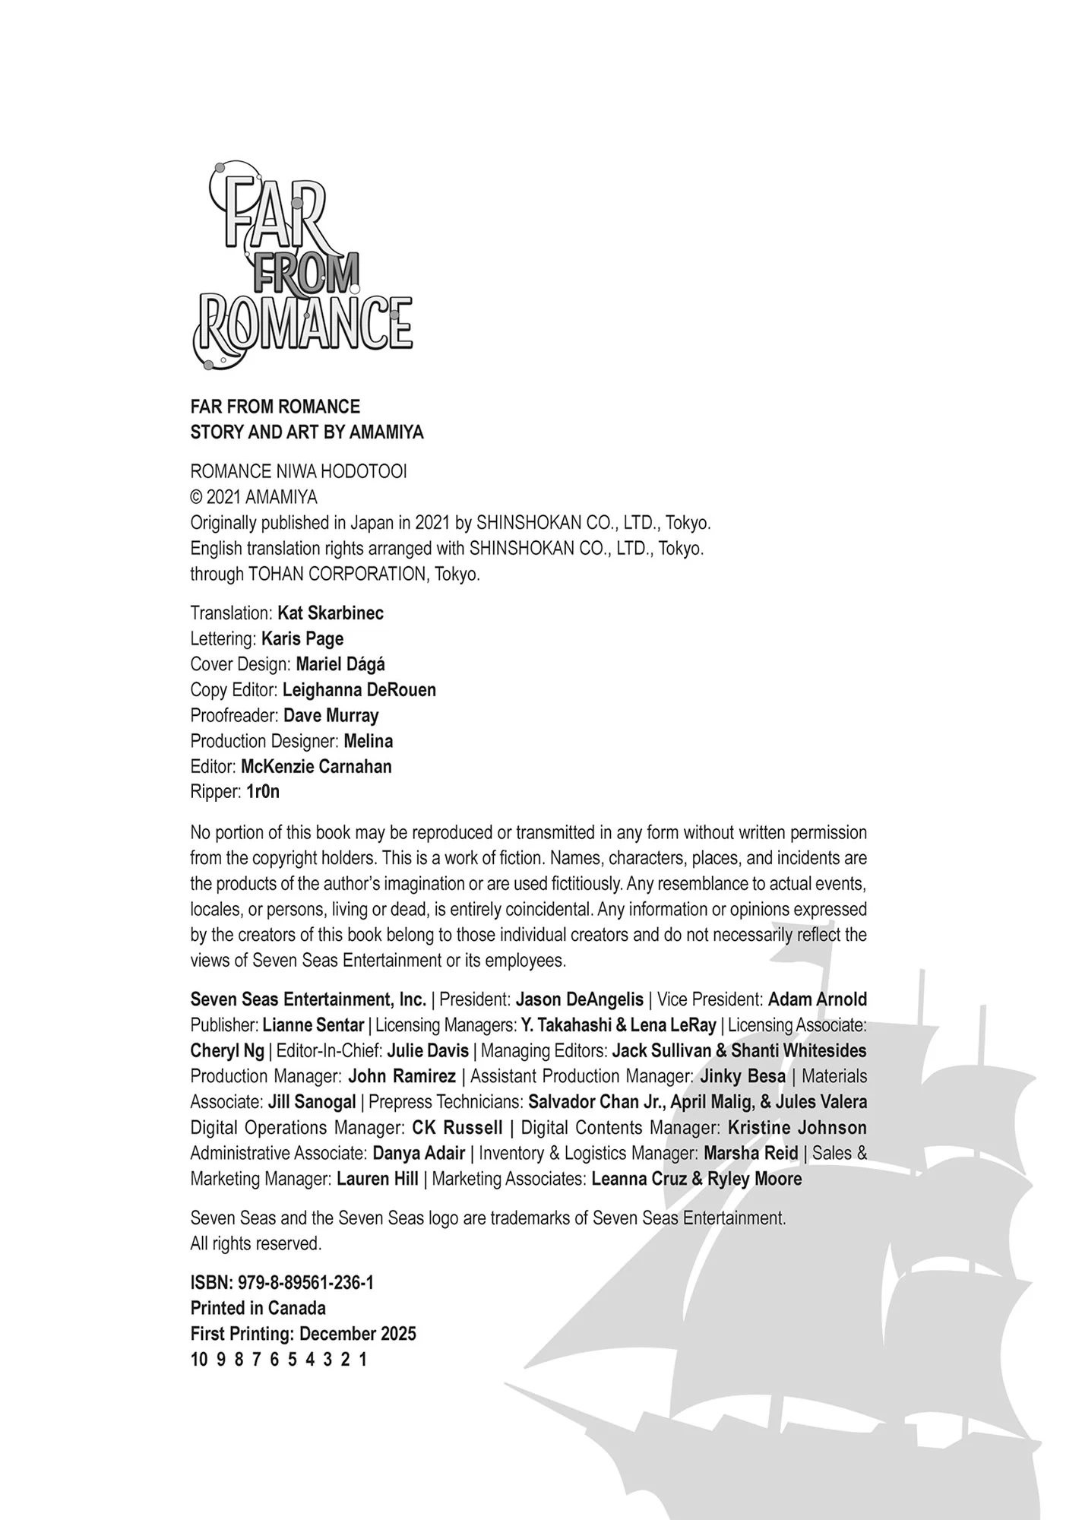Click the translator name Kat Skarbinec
(331, 613)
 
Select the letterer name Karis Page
(302, 638)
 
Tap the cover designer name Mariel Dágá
(340, 664)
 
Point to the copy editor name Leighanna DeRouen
(359, 690)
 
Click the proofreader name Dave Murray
(331, 715)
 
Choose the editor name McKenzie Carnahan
(316, 766)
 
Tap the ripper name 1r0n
(263, 792)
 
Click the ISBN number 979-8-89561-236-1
(305, 1283)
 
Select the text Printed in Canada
(258, 1308)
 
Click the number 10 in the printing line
(198, 1360)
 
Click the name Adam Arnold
(817, 999)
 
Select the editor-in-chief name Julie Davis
(428, 1051)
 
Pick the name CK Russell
(457, 1128)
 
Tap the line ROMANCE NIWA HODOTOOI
(298, 471)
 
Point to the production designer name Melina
(368, 741)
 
